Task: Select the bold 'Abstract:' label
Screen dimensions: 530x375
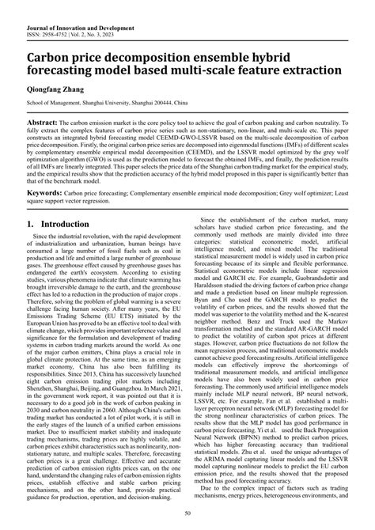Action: tap(44, 125)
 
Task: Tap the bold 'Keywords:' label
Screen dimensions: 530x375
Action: tap(47, 192)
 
